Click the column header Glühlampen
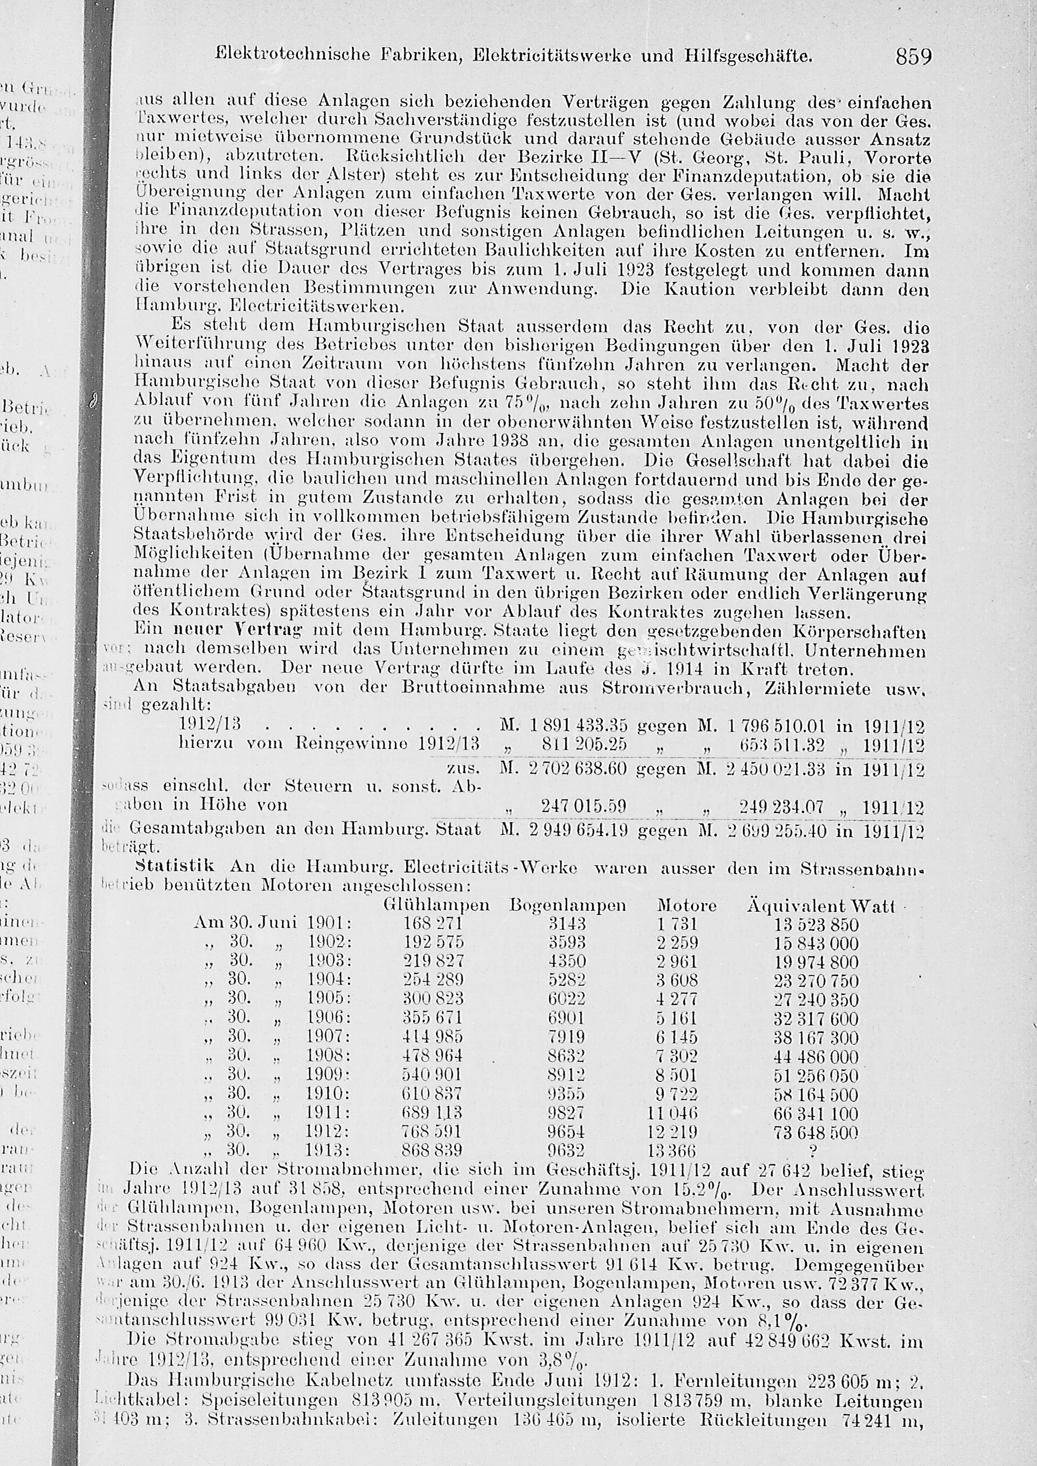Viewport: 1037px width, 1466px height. coord(436,906)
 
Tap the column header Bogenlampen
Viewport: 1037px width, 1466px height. coord(568,906)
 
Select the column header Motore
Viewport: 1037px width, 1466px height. coord(686,906)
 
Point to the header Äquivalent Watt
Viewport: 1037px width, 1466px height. coord(821,906)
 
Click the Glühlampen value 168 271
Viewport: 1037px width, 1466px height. coord(432,924)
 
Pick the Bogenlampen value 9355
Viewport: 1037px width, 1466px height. coord(566,1094)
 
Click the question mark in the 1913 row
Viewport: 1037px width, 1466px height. coord(814,1151)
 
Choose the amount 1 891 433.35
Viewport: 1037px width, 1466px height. coord(579,726)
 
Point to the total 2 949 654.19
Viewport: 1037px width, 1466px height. coord(579,829)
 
